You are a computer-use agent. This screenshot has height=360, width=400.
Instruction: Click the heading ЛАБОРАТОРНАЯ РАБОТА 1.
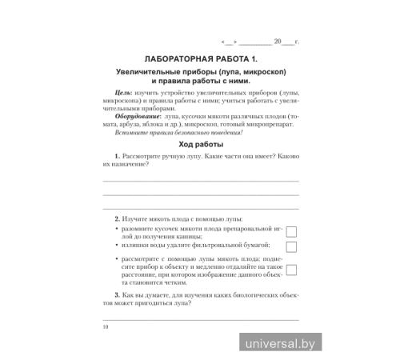(x=200, y=59)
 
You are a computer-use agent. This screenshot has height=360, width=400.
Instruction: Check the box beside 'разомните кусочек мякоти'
(x=291, y=232)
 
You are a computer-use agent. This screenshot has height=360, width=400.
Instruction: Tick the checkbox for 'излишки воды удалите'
(x=291, y=247)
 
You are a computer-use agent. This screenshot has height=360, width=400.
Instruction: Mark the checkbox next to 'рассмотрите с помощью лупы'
(x=291, y=270)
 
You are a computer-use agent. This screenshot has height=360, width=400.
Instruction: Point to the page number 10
(x=105, y=327)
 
